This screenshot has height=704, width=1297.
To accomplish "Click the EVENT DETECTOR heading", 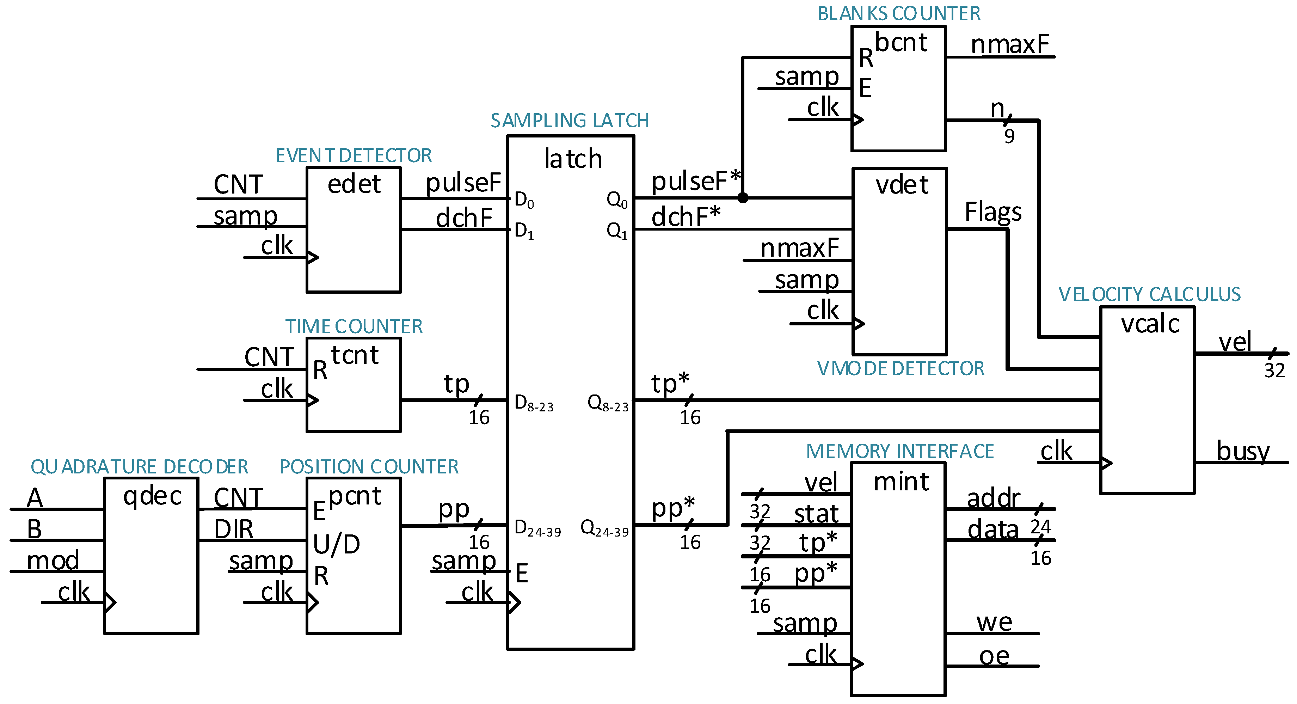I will point(354,155).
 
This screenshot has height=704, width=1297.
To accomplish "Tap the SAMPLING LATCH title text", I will point(570,121).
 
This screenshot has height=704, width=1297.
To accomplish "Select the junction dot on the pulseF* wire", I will point(743,198).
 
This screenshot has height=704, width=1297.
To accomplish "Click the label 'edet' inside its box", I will point(354,184).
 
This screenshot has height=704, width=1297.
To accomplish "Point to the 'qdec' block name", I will point(152,496).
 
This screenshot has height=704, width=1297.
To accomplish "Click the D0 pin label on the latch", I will point(524,200).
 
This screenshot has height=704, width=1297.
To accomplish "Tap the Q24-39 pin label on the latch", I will point(604,529).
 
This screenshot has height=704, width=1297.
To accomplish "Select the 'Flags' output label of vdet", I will point(993,212).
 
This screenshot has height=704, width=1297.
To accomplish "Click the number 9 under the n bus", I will point(1009,136).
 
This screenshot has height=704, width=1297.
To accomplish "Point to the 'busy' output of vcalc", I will point(1243,451).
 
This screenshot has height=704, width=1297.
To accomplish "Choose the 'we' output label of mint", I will point(994,623).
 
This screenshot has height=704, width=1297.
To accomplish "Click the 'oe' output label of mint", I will point(994,656).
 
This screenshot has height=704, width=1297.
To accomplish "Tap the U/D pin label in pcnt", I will point(336,544).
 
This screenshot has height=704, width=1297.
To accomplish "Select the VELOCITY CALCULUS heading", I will point(1149,295).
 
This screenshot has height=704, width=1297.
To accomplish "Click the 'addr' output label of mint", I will point(994,498).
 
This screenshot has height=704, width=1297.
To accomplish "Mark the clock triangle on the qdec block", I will point(110,602).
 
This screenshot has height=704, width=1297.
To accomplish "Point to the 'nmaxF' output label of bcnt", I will point(1009,44).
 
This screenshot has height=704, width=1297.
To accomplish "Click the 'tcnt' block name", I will point(355,355).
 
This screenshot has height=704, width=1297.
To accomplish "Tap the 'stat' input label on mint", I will point(816,514).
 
